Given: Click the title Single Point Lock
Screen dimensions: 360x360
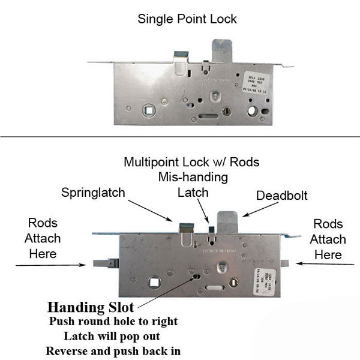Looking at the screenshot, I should pos(187,19).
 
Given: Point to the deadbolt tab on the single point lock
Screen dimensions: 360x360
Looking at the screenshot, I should pos(223,50).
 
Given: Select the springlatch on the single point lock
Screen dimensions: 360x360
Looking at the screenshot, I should pos(181,56).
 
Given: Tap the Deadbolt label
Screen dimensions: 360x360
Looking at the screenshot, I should pos(282,196).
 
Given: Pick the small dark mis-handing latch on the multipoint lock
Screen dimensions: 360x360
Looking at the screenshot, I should pos(211,229).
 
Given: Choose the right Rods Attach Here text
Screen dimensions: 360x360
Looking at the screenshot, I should pos(329,239).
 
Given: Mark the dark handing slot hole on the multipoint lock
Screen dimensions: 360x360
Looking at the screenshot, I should pos(197,277).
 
